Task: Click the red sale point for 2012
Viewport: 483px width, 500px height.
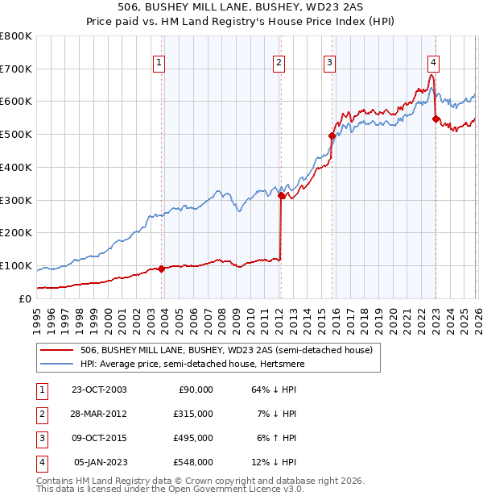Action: [281, 195]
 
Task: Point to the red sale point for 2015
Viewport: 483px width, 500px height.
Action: [332, 136]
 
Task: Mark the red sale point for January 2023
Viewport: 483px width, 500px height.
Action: [436, 119]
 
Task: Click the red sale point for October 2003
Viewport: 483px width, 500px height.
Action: [161, 269]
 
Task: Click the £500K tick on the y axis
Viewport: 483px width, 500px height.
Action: [16, 135]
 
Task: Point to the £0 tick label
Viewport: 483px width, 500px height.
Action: [26, 298]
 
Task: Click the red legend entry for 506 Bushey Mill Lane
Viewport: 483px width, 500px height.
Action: [226, 351]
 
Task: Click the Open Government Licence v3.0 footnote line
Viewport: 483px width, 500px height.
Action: [171, 489]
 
